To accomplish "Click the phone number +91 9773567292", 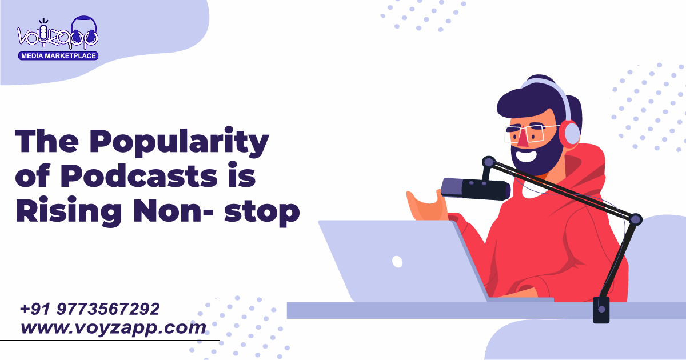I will pyautogui.click(x=90, y=310).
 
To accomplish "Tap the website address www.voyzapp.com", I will pyautogui.click(x=113, y=328).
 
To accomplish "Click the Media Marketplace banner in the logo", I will pyautogui.click(x=58, y=55).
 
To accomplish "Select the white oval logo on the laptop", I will pyautogui.click(x=397, y=262).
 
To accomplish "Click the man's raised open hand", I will pyautogui.click(x=423, y=203).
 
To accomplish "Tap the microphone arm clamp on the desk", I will pyautogui.click(x=601, y=309).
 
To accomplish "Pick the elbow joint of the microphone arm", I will pyautogui.click(x=635, y=219).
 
